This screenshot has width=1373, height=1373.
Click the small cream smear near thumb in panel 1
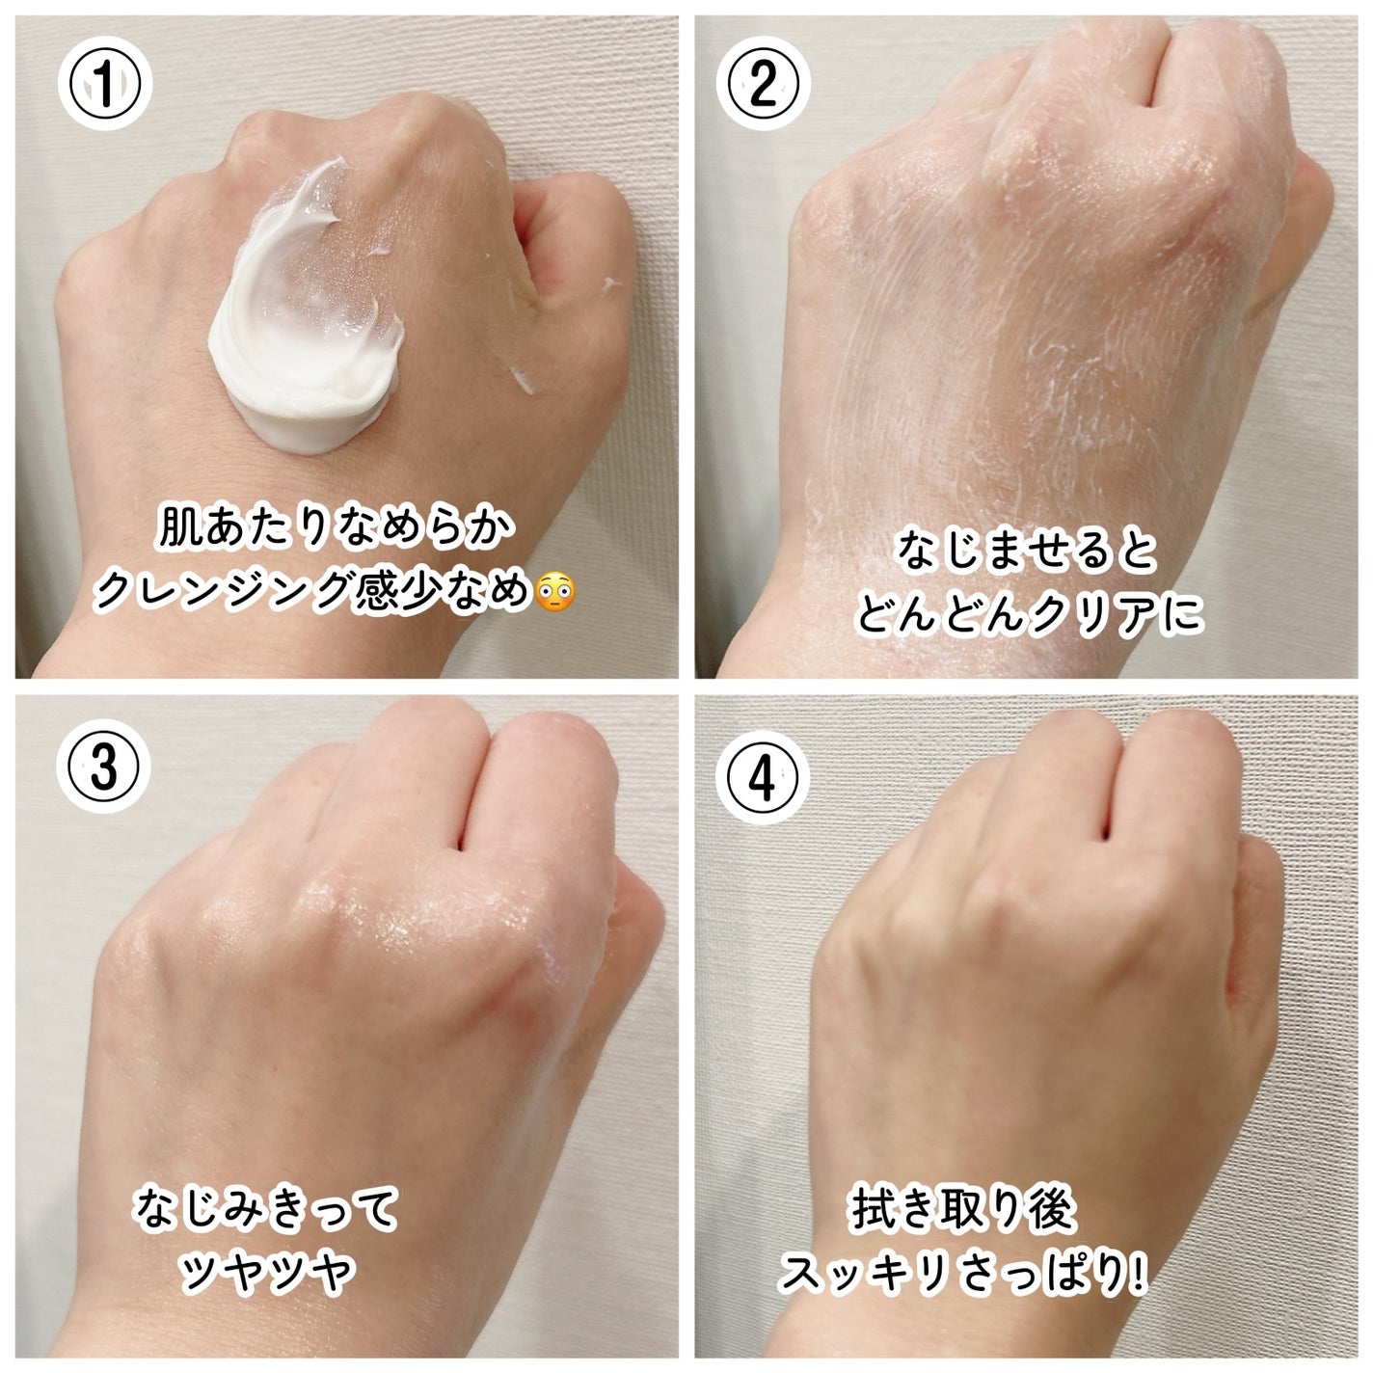(x=521, y=381)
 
